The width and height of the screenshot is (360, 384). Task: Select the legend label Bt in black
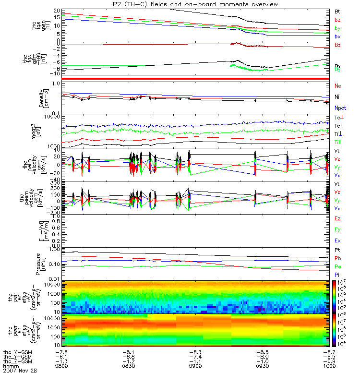pyautogui.click(x=337, y=11)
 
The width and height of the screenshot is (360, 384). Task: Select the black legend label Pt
pyautogui.click(x=337, y=251)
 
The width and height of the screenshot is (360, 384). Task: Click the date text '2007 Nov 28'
pyautogui.click(x=20, y=371)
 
